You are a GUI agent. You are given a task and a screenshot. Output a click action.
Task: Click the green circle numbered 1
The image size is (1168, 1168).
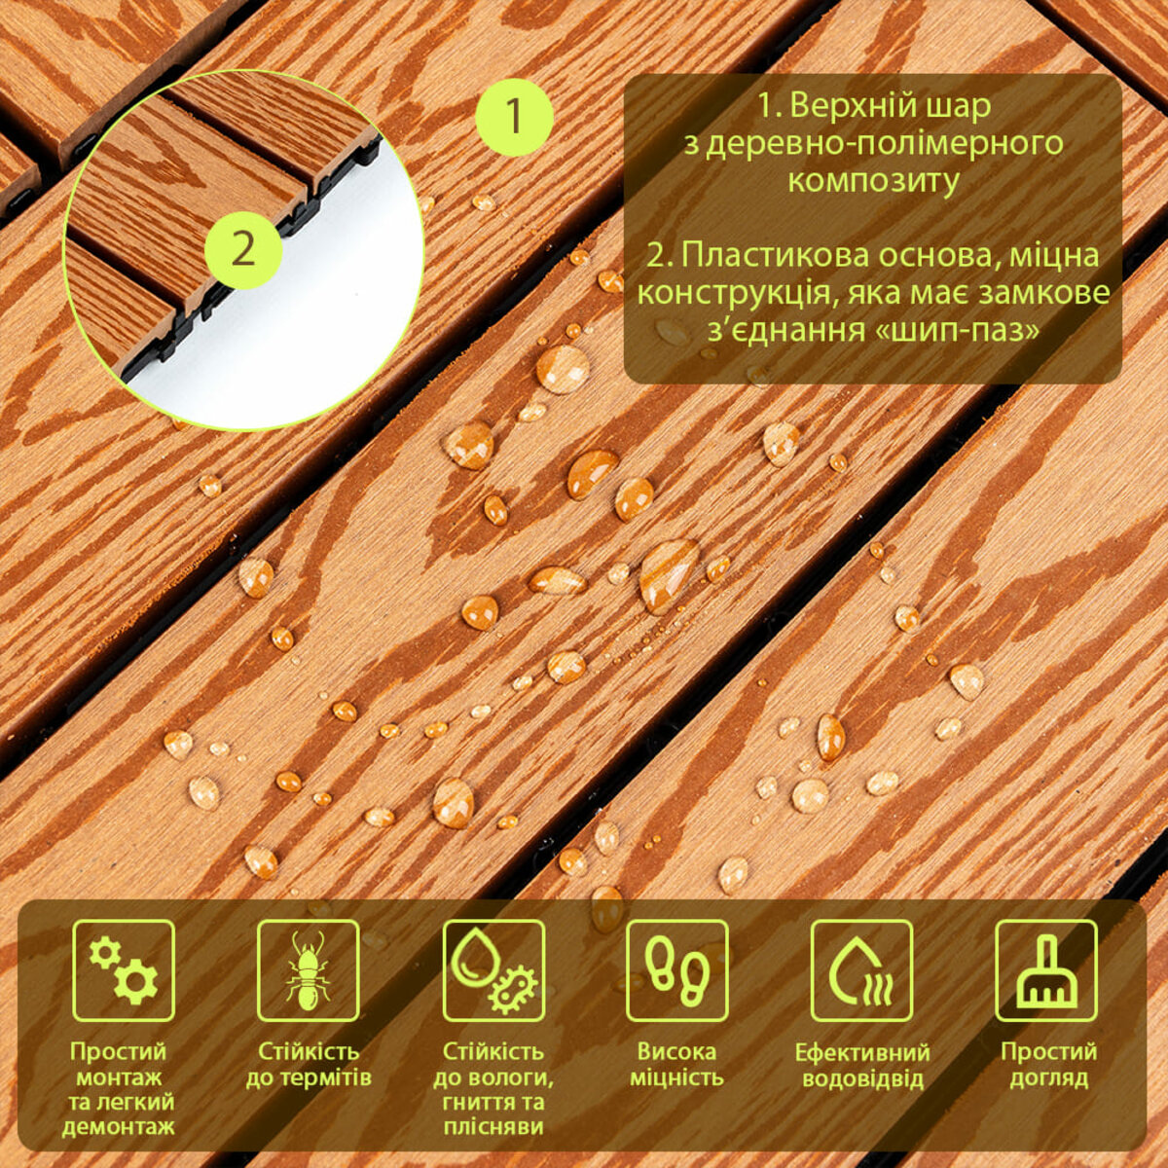(514, 118)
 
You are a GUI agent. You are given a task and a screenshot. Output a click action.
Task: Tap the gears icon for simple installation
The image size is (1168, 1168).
(125, 971)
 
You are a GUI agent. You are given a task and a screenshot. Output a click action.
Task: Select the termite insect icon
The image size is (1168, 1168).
(308, 971)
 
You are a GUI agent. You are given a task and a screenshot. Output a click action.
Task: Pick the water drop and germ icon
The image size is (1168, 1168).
(493, 971)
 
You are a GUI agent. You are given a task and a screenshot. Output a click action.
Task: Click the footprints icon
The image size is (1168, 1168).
(677, 971)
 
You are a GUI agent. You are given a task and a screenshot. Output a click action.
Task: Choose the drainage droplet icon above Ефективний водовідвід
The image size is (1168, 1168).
(862, 971)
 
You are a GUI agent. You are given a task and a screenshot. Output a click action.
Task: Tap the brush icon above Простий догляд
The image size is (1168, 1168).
(1046, 971)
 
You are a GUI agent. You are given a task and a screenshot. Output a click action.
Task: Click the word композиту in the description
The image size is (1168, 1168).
(873, 181)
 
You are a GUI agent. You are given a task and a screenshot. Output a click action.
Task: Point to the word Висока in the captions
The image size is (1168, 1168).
(676, 1051)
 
